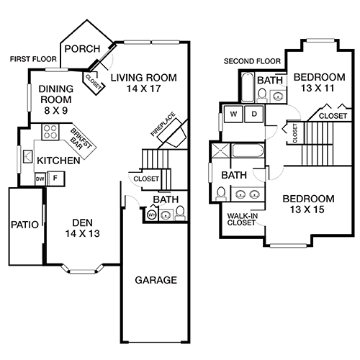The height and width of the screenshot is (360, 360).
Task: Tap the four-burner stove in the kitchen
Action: [52, 131]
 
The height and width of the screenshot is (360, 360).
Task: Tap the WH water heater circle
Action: [152, 214]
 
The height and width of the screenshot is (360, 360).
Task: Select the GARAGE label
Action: [156, 280]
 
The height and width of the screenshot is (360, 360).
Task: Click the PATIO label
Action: [24, 224]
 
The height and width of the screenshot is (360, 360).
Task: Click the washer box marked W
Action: [234, 114]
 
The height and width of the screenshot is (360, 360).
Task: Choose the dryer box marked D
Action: [254, 114]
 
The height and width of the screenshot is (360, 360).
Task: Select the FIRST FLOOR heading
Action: [32, 58]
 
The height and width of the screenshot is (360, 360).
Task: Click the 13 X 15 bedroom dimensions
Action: [308, 211]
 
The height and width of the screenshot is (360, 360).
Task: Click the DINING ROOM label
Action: [48, 95]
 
